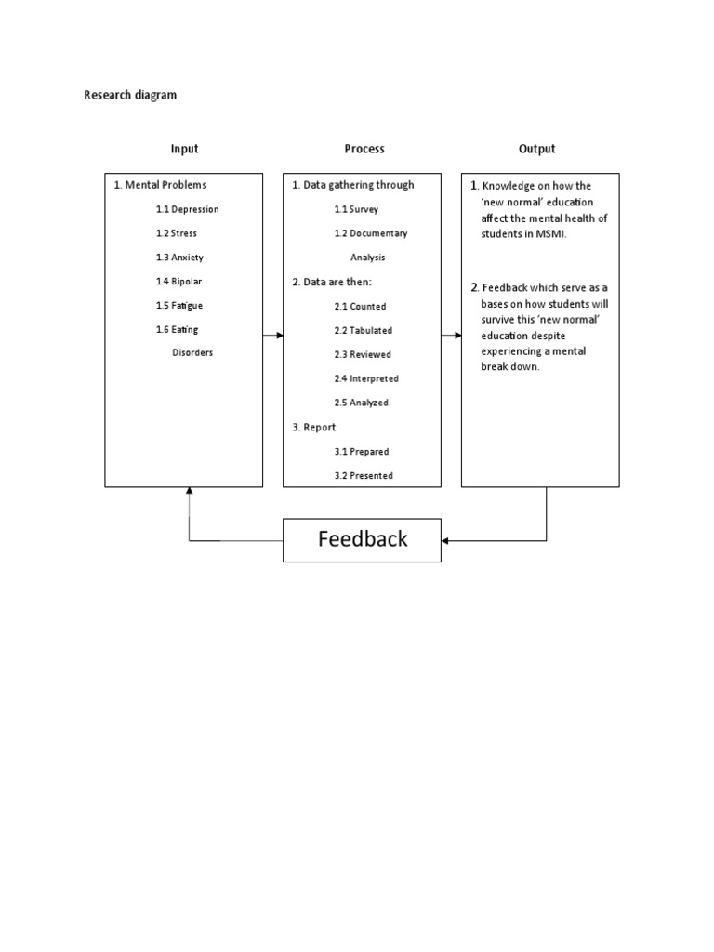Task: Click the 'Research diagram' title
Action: (x=130, y=95)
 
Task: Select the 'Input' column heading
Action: (x=184, y=149)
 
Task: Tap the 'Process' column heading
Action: (x=364, y=149)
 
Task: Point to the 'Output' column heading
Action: (x=536, y=149)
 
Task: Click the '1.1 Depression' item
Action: (x=187, y=209)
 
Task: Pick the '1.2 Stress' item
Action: (x=177, y=233)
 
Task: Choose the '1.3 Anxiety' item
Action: (x=179, y=258)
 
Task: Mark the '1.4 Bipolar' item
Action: (x=179, y=282)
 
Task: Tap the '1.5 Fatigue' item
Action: (x=179, y=306)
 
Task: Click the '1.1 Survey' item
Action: (x=356, y=209)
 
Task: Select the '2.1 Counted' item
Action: (x=360, y=306)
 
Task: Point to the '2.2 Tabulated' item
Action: (x=364, y=330)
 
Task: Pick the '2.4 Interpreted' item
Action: (x=366, y=378)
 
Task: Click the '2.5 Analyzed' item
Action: (x=362, y=403)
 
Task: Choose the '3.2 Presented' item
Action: (x=364, y=475)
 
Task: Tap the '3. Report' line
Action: (x=314, y=427)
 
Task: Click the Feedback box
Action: (x=362, y=539)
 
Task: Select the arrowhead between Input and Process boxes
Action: (x=278, y=335)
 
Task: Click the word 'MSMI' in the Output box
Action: (x=549, y=233)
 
